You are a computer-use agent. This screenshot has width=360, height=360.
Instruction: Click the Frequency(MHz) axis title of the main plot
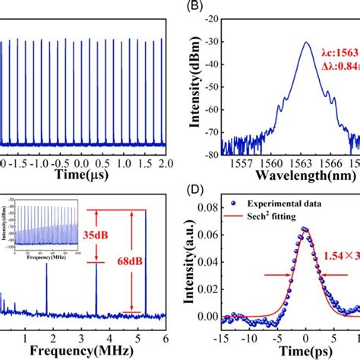(x=90, y=352)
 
